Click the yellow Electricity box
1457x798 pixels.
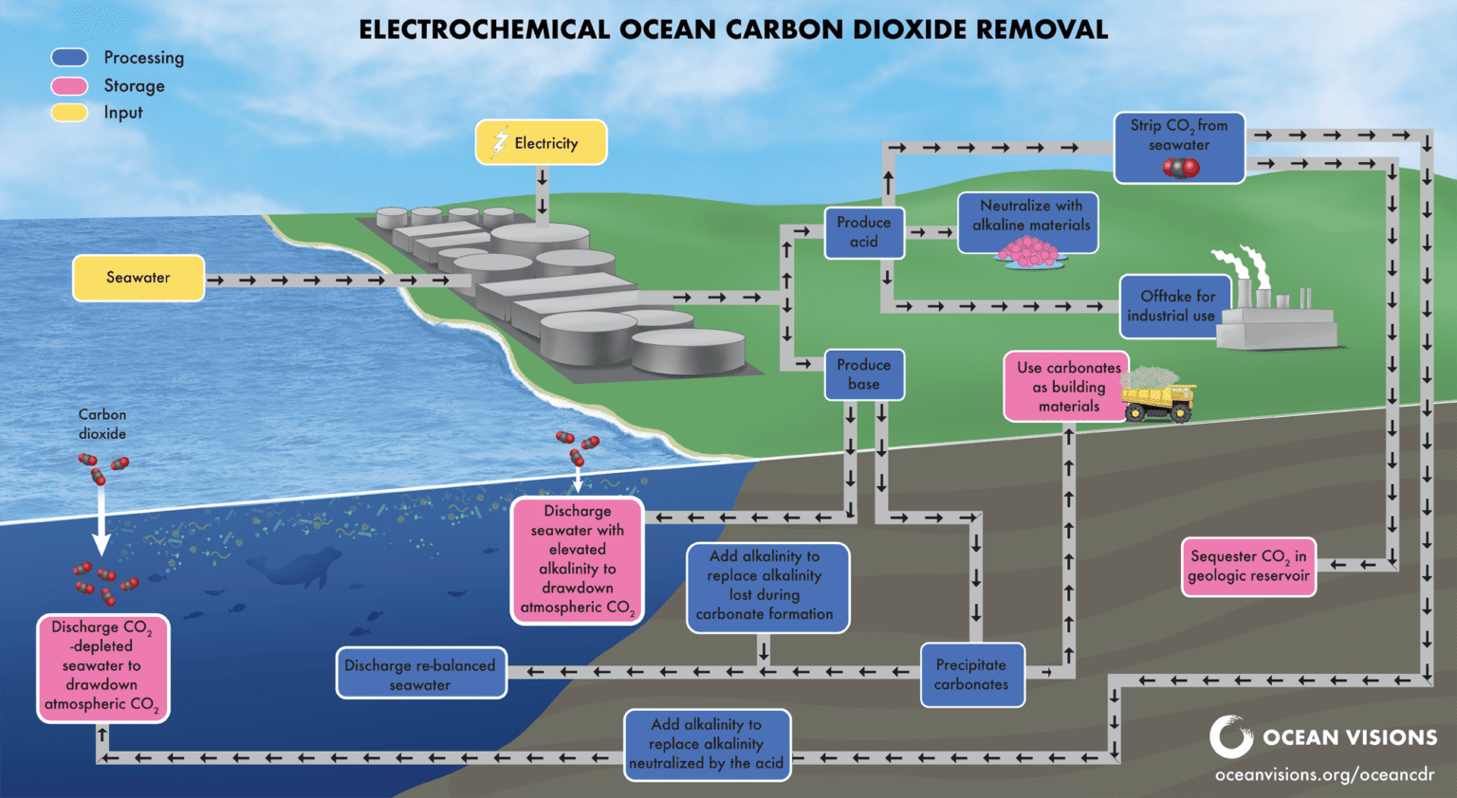[541, 142]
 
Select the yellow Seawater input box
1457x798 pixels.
[138, 278]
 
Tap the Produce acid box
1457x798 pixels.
[863, 232]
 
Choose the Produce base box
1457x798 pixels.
[863, 374]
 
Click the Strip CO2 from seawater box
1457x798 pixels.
[1179, 148]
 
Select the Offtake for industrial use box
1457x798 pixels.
[1174, 306]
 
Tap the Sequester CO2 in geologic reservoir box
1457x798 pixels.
[1248, 567]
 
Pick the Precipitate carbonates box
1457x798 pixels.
[972, 675]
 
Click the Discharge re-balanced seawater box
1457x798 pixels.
[421, 674]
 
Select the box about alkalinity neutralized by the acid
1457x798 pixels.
[707, 745]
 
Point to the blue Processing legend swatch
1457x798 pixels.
[69, 58]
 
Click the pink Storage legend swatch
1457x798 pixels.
[69, 86]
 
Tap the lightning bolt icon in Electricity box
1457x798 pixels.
[500, 142]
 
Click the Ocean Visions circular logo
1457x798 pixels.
[1230, 737]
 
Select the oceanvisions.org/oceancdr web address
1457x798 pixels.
[1324, 775]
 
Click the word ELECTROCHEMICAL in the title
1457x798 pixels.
[484, 29]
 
